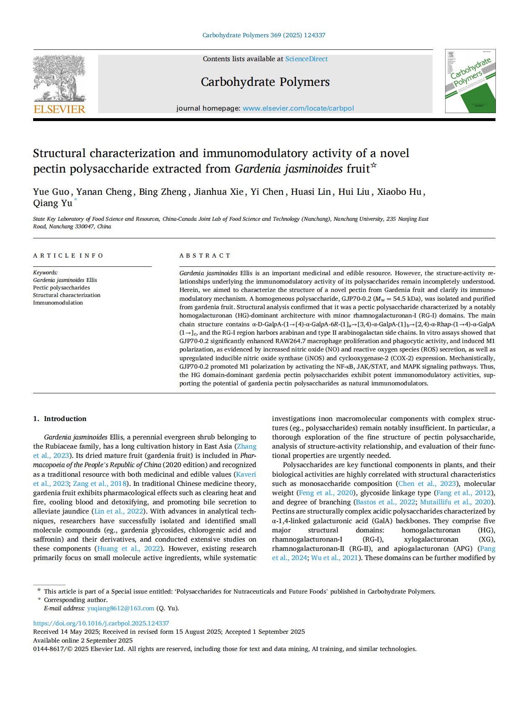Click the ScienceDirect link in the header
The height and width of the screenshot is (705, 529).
[306, 59]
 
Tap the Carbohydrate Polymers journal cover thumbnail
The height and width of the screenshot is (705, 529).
[470, 81]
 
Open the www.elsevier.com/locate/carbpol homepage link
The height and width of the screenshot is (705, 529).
[298, 108]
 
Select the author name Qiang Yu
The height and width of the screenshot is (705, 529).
[52, 203]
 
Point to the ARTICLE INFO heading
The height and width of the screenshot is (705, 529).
[68, 256]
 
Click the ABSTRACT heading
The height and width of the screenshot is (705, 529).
[205, 256]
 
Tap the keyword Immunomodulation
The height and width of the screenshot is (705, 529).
[58, 302]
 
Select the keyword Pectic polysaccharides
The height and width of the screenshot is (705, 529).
[61, 287]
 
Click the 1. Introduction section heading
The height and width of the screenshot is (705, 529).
[60, 418]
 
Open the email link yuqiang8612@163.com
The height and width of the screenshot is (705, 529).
[120, 608]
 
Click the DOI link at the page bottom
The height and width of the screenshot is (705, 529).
[101, 623]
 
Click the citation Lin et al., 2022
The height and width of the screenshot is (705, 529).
[118, 511]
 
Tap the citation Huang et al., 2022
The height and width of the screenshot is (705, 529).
[128, 548]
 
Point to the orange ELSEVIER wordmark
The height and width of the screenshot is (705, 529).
[59, 109]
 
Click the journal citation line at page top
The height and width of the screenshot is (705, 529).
[264, 35]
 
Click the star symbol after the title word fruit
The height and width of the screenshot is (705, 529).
[374, 165]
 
